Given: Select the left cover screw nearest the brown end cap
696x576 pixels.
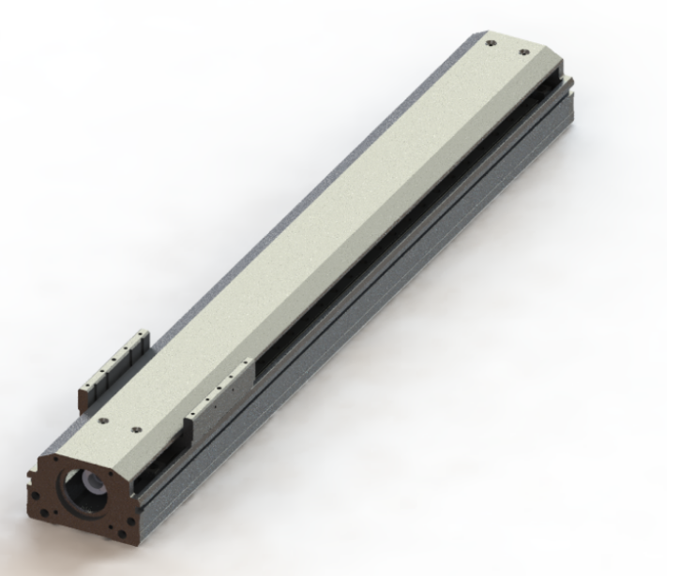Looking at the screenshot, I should [x=104, y=420].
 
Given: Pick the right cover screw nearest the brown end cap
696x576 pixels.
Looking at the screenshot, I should [x=137, y=429].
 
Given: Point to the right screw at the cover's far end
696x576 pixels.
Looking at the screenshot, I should [x=522, y=48].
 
